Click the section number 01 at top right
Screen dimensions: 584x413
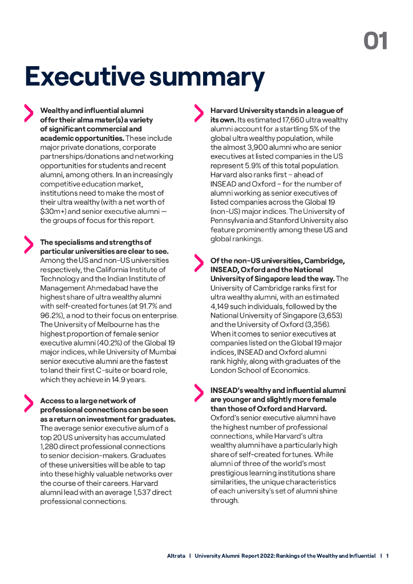tap(376, 41)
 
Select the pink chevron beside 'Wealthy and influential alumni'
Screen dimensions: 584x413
tap(28, 113)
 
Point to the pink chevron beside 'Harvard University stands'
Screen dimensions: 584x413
tap(199, 113)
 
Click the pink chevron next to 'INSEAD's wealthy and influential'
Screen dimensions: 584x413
tap(199, 393)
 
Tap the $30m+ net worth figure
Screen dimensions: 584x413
tap(54, 212)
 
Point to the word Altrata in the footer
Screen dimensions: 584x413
tap(176, 555)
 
